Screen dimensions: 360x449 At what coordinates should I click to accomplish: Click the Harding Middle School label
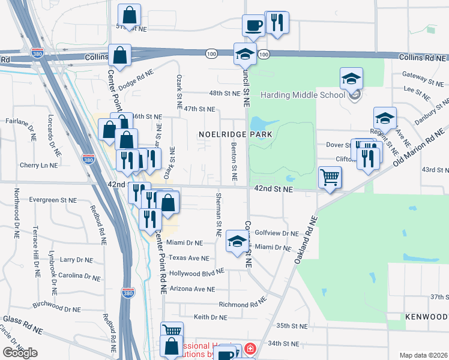pos(303,95)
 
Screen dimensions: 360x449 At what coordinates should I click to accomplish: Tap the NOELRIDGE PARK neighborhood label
pos(235,134)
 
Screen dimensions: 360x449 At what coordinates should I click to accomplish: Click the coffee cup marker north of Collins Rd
pos(253,25)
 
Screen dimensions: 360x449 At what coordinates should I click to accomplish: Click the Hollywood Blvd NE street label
pos(196,271)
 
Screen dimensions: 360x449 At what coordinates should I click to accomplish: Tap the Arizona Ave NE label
pos(191,289)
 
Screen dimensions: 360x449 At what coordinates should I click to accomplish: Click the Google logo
pos(20,352)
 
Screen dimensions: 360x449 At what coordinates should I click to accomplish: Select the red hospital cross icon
pos(249,348)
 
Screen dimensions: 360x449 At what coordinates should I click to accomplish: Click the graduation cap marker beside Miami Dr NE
pos(237,242)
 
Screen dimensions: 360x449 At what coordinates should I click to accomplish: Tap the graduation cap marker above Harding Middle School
pos(351,78)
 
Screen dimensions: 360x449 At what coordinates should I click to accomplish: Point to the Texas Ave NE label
pos(188,257)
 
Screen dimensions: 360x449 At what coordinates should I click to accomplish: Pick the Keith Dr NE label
pos(210,316)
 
